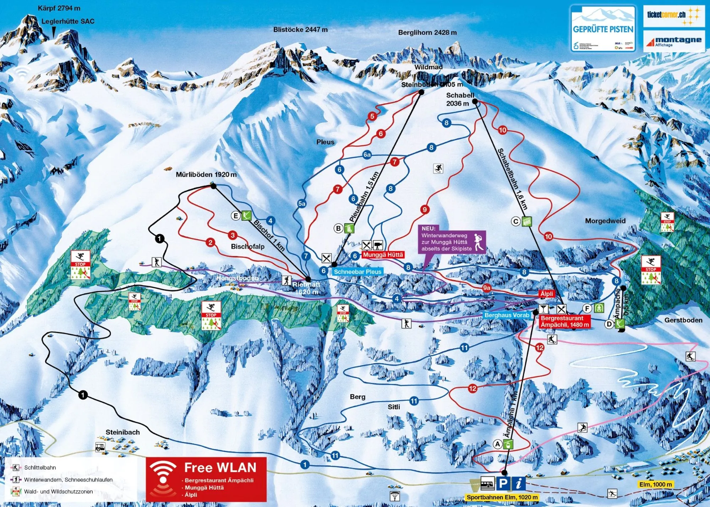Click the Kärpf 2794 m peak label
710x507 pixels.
click(x=59, y=8)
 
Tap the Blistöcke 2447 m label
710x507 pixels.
click(x=300, y=30)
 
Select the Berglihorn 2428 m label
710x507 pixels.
click(x=427, y=33)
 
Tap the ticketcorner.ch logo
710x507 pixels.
click(x=673, y=16)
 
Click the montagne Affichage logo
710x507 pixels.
click(x=673, y=41)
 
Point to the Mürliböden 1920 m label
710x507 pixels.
click(x=206, y=174)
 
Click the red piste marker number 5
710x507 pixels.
click(x=372, y=116)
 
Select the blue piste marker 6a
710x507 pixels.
click(x=367, y=155)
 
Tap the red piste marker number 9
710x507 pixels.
click(x=425, y=210)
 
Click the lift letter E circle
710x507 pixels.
click(x=236, y=215)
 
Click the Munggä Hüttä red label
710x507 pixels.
click(x=383, y=255)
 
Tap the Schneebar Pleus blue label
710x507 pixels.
click(x=357, y=272)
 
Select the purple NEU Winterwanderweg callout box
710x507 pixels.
click(x=452, y=239)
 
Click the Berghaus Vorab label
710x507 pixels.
click(x=507, y=315)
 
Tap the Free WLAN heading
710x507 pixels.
click(x=220, y=467)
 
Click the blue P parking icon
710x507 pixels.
click(x=503, y=484)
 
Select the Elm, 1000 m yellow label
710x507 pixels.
click(x=655, y=485)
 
